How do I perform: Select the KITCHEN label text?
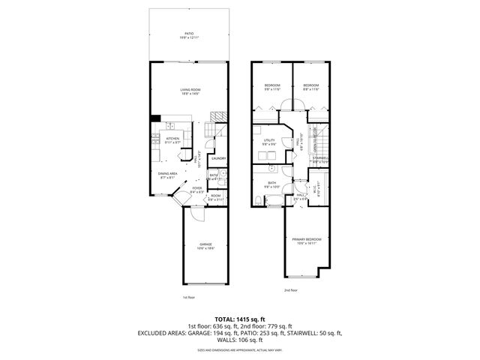coord(171,139)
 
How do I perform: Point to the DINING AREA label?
coord(167,173)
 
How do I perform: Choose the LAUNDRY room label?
coord(218,158)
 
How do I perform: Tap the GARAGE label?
coord(205,244)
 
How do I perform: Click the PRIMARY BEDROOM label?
coord(307,238)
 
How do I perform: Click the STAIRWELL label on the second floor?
coord(320,158)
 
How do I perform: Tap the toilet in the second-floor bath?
coord(256,199)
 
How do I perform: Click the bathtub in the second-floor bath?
coord(276,201)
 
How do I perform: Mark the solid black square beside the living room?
coord(154,117)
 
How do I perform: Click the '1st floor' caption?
coord(188,297)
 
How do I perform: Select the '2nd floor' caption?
coord(290,289)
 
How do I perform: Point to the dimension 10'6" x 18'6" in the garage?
coord(205,249)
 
